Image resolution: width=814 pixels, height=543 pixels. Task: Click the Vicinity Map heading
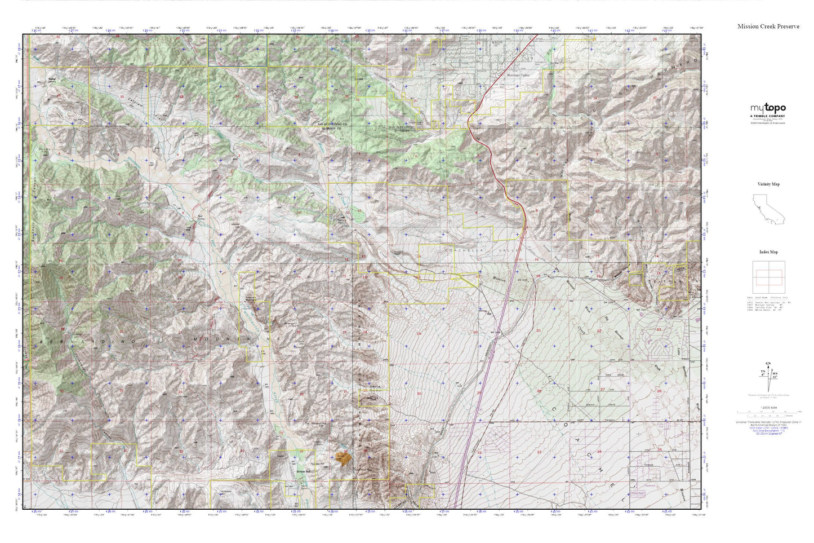(x=768, y=184)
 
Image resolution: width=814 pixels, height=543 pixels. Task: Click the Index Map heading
(x=768, y=252)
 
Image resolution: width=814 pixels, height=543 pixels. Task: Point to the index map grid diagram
(x=768, y=276)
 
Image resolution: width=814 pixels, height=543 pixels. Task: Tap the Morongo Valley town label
(x=518, y=75)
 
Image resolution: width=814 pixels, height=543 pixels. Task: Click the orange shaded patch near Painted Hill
(x=342, y=460)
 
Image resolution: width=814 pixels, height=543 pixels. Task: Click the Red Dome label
(x=199, y=217)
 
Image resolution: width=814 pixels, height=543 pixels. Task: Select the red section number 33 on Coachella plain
(x=539, y=452)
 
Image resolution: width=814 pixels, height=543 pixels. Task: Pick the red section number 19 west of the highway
(x=418, y=334)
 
